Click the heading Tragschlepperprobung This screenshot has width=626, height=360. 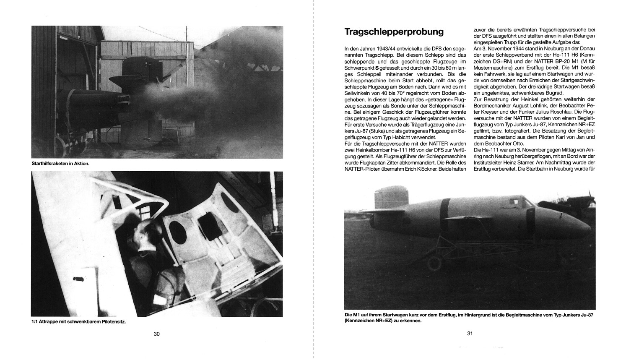[394, 32]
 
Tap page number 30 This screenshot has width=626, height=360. [157, 334]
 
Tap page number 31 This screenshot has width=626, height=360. [470, 334]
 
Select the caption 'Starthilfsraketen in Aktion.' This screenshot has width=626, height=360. [61, 164]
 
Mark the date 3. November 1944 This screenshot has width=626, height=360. [499, 49]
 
